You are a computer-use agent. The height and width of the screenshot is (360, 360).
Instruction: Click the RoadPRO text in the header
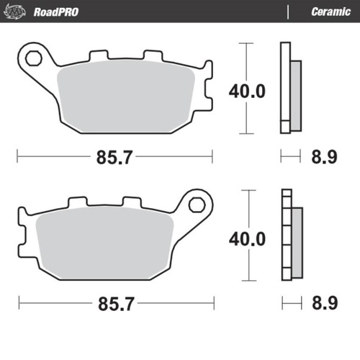coord(56,12)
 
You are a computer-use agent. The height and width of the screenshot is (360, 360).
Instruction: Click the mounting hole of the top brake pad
coord(32,57)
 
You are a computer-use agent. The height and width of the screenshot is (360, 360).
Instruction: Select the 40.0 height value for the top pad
coord(247,91)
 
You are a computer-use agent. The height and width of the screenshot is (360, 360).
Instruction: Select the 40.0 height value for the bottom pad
coord(247,238)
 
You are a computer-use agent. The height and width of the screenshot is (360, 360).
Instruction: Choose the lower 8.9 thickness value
coord(325,303)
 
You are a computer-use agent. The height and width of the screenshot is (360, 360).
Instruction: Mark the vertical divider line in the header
coord(288,12)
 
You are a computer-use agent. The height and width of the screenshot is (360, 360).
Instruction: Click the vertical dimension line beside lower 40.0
coord(247,209)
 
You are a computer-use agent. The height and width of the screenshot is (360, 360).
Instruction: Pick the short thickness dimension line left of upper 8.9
coord(289,156)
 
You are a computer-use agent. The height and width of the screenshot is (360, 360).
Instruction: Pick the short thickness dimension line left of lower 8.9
coord(289,302)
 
